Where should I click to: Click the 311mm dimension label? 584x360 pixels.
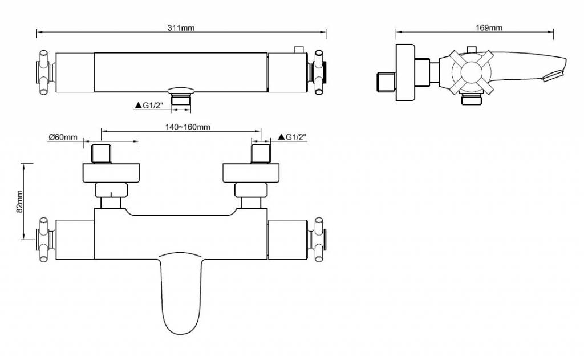pyautogui.click(x=181, y=28)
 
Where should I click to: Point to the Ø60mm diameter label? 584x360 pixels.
pyautogui.click(x=62, y=137)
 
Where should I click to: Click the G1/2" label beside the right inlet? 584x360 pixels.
pyautogui.click(x=296, y=137)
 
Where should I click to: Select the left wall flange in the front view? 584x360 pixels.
pyautogui.click(x=111, y=173)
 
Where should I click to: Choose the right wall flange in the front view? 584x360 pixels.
pyautogui.click(x=252, y=173)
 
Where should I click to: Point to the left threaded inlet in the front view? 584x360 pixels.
pyautogui.click(x=102, y=154)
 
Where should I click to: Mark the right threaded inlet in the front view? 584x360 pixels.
pyautogui.click(x=261, y=154)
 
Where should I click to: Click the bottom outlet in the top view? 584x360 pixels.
pyautogui.click(x=181, y=100)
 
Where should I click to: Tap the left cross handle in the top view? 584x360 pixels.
pyautogui.click(x=44, y=72)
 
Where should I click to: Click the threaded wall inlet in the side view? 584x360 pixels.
pyautogui.click(x=386, y=81)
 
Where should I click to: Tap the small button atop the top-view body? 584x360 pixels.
pyautogui.click(x=297, y=50)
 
